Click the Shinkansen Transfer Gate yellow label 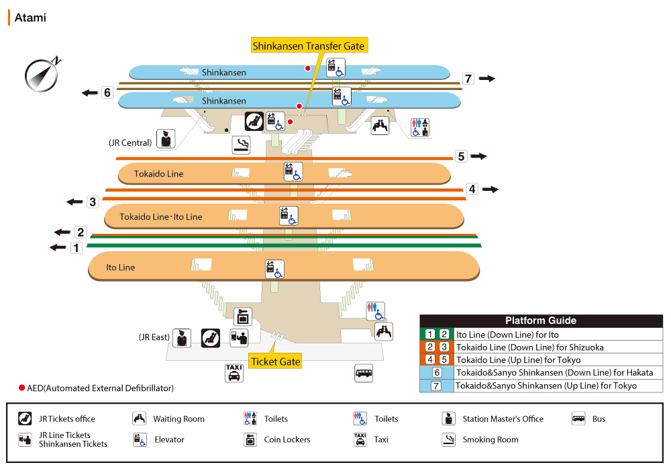coord(308,46)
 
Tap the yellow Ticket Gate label coord(275,361)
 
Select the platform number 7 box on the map coord(468,79)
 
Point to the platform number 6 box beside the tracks coord(107,92)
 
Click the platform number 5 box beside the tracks coord(461,157)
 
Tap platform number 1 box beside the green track coord(76,247)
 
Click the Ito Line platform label coord(121,267)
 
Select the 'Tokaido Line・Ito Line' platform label coord(161,216)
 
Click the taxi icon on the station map coord(234,372)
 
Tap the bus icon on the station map coord(364,374)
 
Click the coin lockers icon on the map coord(243,316)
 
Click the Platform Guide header coord(541,321)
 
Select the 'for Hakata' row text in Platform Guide coord(554,372)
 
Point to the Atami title coord(30,17)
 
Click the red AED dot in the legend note coord(21,388)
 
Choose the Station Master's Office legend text coord(503,419)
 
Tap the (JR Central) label coord(130,142)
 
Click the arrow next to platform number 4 coord(491,189)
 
